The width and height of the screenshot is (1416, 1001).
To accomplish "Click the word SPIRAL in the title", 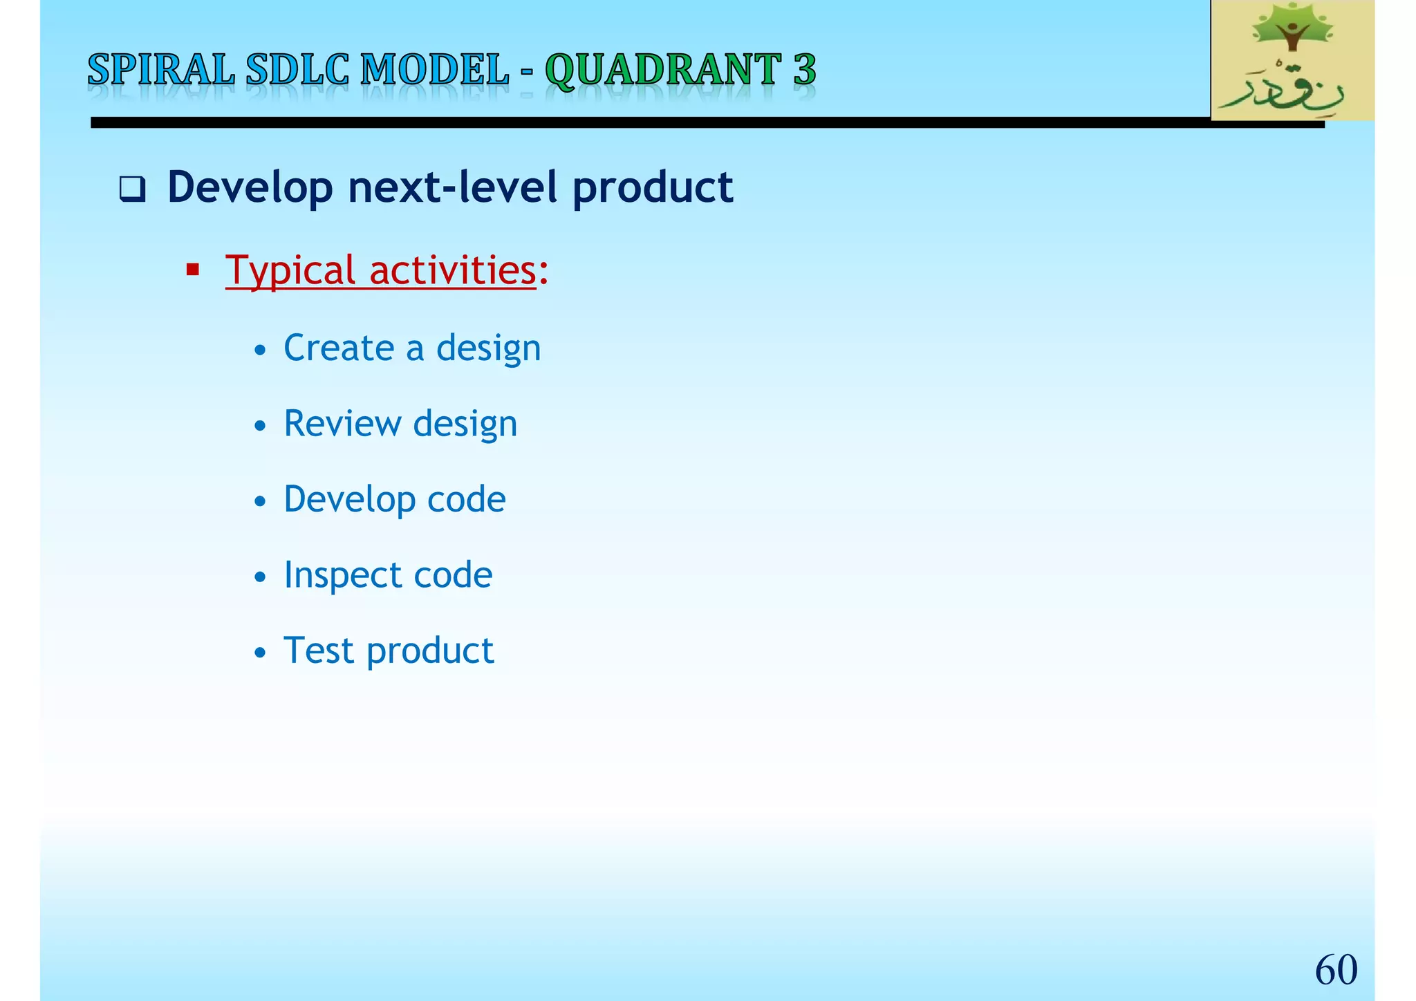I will [x=160, y=71].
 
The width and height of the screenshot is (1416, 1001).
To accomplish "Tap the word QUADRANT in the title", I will [x=663, y=71].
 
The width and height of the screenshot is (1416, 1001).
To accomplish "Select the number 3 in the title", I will [x=804, y=71].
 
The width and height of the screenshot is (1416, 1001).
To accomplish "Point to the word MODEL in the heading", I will [x=434, y=71].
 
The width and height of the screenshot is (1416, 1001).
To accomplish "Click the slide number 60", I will [x=1336, y=969].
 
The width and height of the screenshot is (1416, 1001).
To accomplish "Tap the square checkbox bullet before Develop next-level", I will [x=132, y=189].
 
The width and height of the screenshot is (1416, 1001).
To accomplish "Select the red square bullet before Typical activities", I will [x=193, y=269].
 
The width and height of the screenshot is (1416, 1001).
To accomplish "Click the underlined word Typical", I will [x=290, y=270].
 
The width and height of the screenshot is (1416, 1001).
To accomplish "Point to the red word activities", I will [x=453, y=270].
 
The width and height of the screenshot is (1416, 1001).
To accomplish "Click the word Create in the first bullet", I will [x=339, y=348].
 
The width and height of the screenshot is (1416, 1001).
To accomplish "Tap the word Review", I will [x=342, y=424].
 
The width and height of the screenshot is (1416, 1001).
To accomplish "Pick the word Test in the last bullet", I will [x=319, y=651].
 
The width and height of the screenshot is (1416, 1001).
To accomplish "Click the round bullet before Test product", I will [x=260, y=653].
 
